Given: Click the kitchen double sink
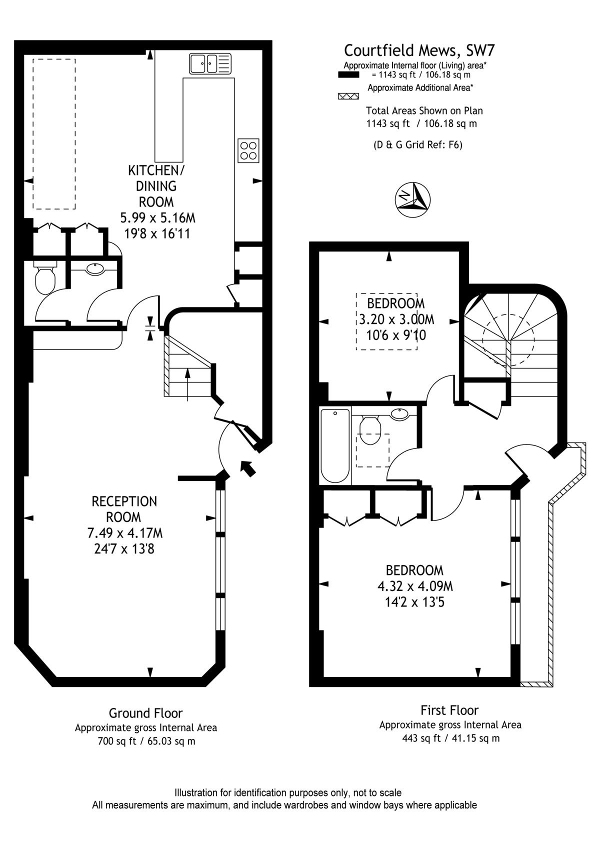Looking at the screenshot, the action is point(210,63).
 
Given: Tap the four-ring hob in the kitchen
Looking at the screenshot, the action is point(248,150).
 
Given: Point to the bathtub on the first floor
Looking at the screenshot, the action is point(335,445).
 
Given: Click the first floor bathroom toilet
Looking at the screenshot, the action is point(370,430).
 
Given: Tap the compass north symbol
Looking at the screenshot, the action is point(412,199).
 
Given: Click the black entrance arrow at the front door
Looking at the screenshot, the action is point(248,468).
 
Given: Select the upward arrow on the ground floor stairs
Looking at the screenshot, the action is point(187,384).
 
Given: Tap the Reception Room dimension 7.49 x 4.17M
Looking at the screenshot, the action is point(124,533).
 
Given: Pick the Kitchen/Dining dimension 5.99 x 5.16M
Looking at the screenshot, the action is point(157,217).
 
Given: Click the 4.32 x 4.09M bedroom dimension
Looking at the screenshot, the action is point(415,586).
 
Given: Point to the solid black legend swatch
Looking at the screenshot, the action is point(348,75).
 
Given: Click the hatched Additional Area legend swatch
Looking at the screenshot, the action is point(348,96).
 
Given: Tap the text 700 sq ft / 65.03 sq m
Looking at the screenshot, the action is point(146,741).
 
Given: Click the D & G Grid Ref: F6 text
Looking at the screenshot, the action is point(418,144).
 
